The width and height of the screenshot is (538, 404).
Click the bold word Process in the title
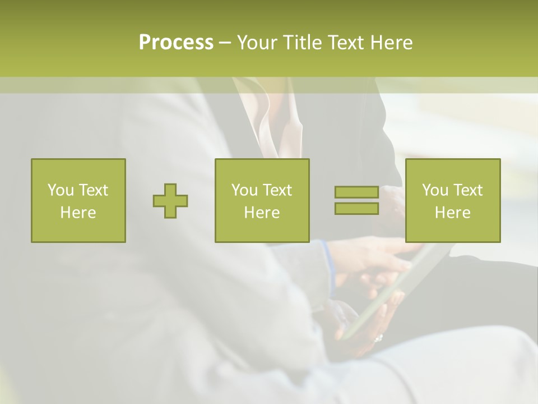[176, 43]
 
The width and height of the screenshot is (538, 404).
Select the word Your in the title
[256, 43]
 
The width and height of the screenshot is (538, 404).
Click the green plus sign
[170, 201]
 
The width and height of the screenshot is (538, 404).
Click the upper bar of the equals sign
[356, 192]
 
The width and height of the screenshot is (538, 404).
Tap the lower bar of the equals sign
[356, 208]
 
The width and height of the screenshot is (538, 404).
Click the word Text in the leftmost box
[94, 190]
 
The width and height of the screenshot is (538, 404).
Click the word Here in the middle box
[262, 213]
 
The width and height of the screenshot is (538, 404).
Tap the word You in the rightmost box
[435, 190]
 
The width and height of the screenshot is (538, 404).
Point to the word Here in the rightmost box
[453, 213]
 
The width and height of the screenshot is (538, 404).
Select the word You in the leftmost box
[61, 190]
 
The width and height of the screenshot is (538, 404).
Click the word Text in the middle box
[278, 190]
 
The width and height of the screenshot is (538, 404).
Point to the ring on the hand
[378, 338]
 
